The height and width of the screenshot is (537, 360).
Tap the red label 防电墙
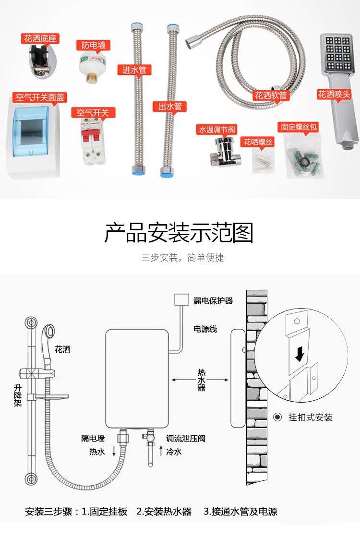pyautogui.click(x=94, y=46)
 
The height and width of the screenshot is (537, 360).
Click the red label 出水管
pyautogui.click(x=170, y=107)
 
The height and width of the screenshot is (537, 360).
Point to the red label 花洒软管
pyautogui.click(x=271, y=95)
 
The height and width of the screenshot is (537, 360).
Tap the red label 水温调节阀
pyautogui.click(x=216, y=130)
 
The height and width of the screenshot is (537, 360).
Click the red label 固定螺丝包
pyautogui.click(x=300, y=128)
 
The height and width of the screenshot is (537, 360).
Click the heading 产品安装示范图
pyautogui.click(x=179, y=232)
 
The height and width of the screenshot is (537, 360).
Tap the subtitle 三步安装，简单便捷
pyautogui.click(x=182, y=258)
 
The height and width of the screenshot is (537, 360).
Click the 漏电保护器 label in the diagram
pyautogui.click(x=213, y=301)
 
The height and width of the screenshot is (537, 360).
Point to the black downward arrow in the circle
pyautogui.click(x=300, y=354)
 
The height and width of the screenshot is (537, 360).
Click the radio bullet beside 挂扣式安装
pyautogui.click(x=277, y=417)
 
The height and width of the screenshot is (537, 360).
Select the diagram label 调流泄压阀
pyautogui.click(x=186, y=439)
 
